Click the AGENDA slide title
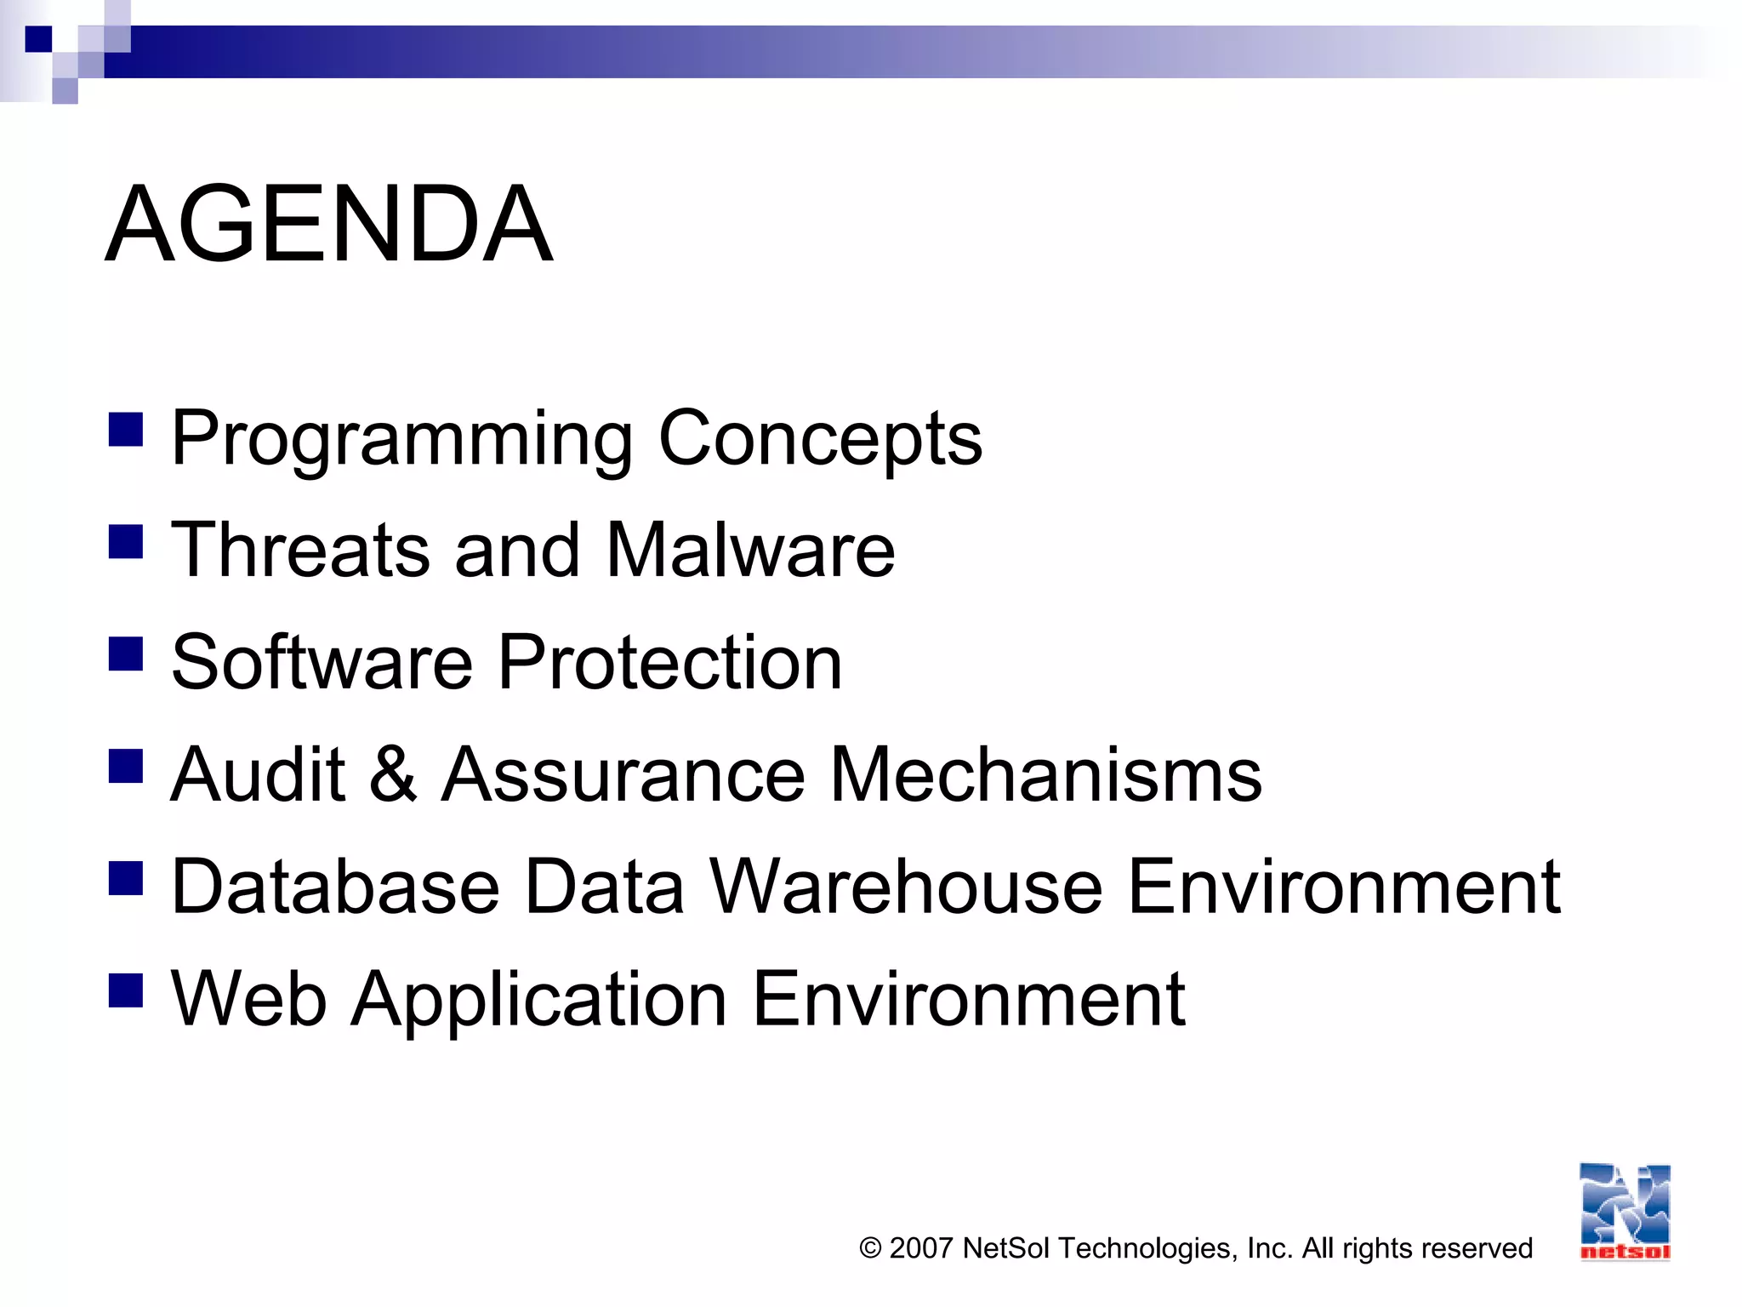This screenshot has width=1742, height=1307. (329, 224)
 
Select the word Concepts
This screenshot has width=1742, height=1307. (820, 439)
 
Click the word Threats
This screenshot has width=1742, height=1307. (300, 551)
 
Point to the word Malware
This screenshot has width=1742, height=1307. (750, 551)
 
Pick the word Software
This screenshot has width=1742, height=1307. (322, 663)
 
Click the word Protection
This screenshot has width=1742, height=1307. (669, 663)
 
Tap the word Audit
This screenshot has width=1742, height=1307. (258, 774)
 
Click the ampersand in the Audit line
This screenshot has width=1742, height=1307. (393, 774)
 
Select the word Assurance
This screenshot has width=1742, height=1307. (623, 774)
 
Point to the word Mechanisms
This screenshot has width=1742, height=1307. (1045, 774)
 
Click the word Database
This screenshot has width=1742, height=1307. (335, 887)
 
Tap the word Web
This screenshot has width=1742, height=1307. (249, 999)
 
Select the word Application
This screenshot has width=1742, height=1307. (539, 1001)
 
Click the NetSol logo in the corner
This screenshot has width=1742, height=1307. (1625, 1212)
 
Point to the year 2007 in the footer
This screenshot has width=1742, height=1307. (920, 1248)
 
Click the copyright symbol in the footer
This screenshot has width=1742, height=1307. (870, 1248)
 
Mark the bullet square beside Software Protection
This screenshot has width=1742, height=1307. (126, 654)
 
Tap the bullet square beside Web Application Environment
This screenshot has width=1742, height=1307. (126, 990)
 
